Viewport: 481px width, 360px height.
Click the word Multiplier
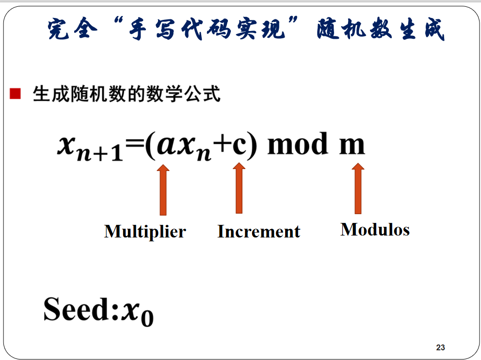point(145,232)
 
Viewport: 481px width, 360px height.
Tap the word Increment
point(258,232)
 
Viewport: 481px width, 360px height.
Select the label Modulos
point(375,229)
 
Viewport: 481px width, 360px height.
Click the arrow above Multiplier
point(163,190)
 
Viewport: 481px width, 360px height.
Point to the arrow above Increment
point(239,188)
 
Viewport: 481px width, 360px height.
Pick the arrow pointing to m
point(358,188)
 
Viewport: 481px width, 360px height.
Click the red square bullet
point(15,94)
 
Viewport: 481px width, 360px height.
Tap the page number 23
point(440,347)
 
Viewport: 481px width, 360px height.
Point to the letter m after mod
point(352,146)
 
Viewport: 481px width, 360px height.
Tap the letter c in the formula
point(240,146)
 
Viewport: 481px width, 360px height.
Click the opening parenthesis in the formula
point(150,145)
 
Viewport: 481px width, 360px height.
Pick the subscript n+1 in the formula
point(100,153)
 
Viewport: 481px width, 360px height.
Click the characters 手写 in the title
point(152,30)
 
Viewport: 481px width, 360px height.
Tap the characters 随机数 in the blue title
point(354,30)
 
